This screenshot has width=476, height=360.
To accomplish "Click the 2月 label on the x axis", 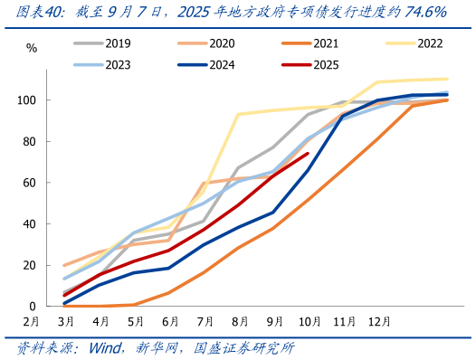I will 32,321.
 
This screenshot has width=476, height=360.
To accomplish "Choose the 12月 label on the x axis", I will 378,321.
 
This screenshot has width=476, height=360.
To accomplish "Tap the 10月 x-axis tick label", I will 309,321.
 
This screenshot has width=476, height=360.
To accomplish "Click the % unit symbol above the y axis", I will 32,48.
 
